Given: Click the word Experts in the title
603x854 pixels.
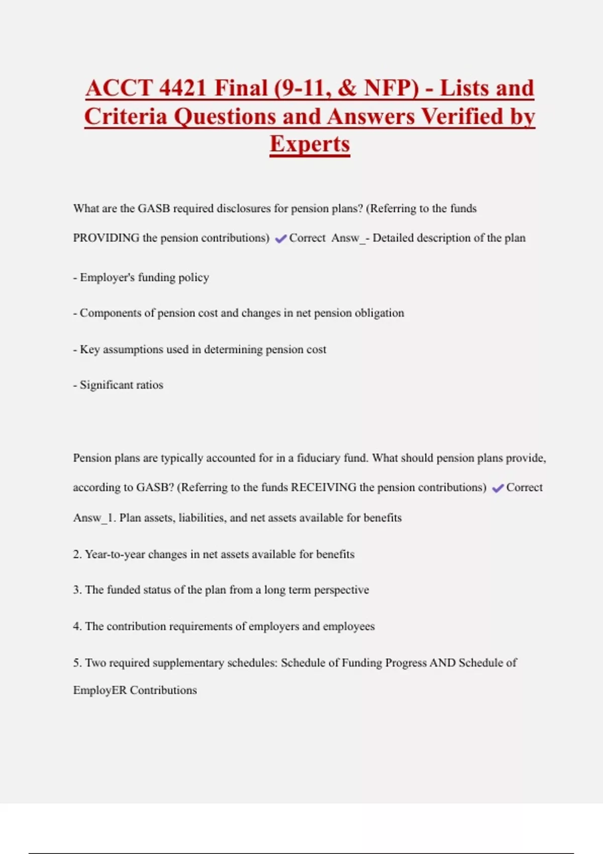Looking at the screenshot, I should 310,144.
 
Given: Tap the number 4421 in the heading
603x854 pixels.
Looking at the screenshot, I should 182,88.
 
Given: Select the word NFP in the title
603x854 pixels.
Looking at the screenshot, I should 391,88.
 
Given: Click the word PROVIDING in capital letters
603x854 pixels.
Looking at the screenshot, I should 106,238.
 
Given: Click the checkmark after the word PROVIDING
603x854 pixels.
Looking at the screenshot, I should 280,239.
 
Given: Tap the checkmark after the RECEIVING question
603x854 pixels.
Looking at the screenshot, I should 497,488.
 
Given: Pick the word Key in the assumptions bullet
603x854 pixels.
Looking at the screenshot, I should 90,349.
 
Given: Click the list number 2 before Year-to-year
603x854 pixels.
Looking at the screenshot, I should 77,554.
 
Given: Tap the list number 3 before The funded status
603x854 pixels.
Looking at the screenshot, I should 77,590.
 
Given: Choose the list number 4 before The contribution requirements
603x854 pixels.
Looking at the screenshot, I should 77,626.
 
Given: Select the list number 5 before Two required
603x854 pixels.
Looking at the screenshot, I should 77,663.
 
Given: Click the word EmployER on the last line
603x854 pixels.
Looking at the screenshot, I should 100,690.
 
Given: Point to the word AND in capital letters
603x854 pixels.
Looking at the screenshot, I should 442,663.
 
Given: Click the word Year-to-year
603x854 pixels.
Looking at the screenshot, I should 115,554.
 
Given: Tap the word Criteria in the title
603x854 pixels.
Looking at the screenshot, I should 126,117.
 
